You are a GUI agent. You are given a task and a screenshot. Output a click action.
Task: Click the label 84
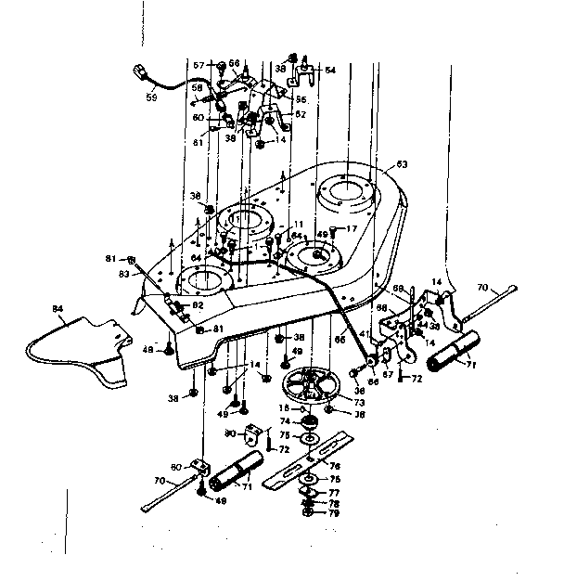(x=58, y=309)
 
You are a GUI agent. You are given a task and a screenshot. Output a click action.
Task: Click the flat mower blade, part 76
(x=311, y=459)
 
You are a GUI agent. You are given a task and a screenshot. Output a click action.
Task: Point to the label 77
(x=333, y=492)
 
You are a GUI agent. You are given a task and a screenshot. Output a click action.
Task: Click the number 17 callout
(x=352, y=229)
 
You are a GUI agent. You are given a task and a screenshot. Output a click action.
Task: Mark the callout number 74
(x=286, y=420)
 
